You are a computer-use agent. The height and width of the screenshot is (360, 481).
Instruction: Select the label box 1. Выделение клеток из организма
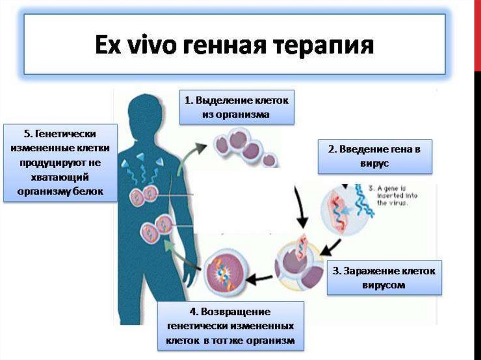coord(236,107)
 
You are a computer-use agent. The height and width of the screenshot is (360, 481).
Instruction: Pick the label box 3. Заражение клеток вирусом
coord(384,277)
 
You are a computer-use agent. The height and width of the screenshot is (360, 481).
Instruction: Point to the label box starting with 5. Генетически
coord(60,163)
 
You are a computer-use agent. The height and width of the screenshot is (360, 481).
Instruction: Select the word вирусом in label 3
coord(384,284)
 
